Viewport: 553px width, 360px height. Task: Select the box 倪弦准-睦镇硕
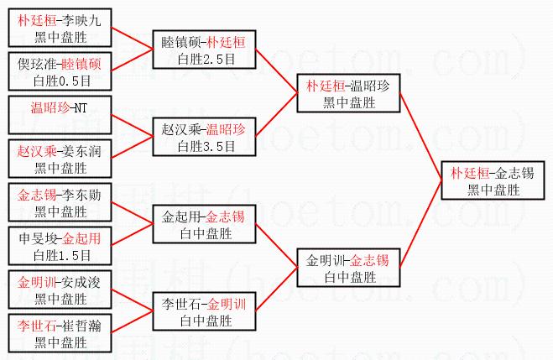(59, 70)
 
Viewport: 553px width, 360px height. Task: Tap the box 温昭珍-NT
(59, 115)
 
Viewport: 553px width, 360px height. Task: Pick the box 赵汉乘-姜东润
(59, 159)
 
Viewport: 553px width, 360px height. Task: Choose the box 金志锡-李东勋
(59, 203)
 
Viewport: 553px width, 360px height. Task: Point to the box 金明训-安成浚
(59, 290)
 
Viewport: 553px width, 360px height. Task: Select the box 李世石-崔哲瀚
(59, 333)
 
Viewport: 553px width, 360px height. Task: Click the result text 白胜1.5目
(59, 256)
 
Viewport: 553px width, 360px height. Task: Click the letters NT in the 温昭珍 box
(81, 107)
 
